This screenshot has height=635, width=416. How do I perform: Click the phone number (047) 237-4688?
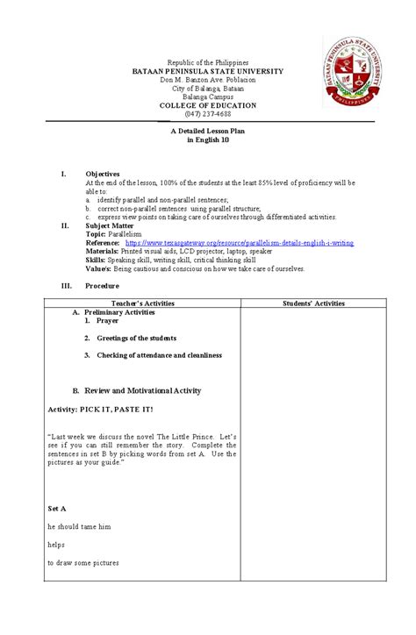(207, 114)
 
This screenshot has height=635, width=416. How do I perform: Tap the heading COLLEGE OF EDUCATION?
(207, 105)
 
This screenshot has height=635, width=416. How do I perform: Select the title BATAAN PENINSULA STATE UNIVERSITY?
(207, 72)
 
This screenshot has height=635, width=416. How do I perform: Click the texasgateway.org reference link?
(240, 243)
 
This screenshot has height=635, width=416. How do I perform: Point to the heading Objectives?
(102, 175)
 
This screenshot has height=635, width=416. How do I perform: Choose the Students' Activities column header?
(313, 303)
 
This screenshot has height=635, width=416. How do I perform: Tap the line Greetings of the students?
(136, 338)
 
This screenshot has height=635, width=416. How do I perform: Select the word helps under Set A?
(57, 545)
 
